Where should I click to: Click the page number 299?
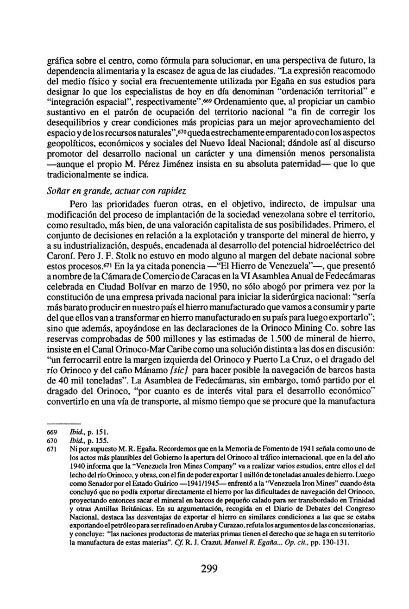point(209,569)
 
